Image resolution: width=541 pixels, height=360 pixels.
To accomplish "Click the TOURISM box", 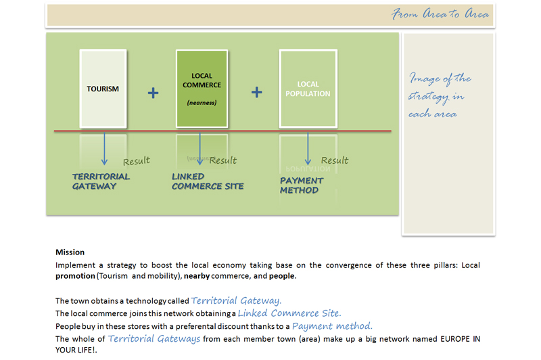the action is pyautogui.click(x=103, y=89).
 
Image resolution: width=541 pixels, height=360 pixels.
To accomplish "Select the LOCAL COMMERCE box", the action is pyautogui.click(x=202, y=89).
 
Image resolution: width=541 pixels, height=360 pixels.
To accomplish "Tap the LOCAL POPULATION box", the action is pyautogui.click(x=308, y=89).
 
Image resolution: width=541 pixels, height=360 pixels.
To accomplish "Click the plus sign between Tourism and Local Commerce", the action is pyautogui.click(x=154, y=93).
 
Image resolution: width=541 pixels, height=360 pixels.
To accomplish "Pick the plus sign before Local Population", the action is pyautogui.click(x=257, y=92).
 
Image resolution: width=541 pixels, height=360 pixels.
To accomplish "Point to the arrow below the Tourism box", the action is pyautogui.click(x=105, y=148).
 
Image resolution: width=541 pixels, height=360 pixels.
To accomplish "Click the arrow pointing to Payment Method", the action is pyautogui.click(x=308, y=148).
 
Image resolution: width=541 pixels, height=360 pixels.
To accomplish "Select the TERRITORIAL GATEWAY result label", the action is pyautogui.click(x=101, y=181).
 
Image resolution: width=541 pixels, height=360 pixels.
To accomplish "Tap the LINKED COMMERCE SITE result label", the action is pyautogui.click(x=208, y=181).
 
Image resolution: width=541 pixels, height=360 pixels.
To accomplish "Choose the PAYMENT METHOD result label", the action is pyautogui.click(x=301, y=185).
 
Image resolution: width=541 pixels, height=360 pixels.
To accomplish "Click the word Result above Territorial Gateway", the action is pyautogui.click(x=137, y=161).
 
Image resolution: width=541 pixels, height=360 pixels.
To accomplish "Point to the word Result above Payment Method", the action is pyautogui.click(x=334, y=160).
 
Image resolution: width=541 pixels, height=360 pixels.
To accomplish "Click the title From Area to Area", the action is pyautogui.click(x=440, y=14).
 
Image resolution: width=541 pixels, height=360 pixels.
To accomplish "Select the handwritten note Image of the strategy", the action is pyautogui.click(x=439, y=95).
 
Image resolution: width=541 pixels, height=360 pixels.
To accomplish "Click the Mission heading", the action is pyautogui.click(x=70, y=252).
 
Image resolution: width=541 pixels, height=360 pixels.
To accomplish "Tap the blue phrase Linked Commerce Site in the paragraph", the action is pyautogui.click(x=289, y=313).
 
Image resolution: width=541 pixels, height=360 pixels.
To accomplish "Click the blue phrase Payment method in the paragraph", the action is pyautogui.click(x=332, y=326).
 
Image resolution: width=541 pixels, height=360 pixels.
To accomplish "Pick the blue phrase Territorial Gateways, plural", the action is pyautogui.click(x=154, y=338).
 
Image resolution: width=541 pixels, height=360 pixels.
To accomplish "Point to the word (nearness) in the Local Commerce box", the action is pyautogui.click(x=202, y=102).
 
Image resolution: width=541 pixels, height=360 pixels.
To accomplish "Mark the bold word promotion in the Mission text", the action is pyautogui.click(x=75, y=276).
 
